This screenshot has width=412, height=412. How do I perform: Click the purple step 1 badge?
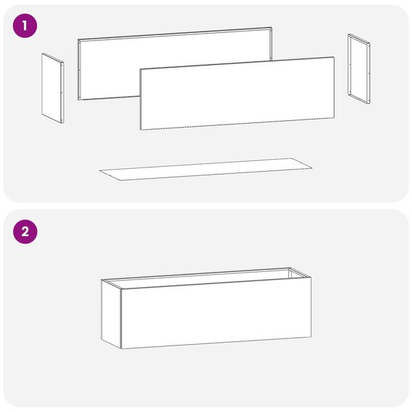(25, 26)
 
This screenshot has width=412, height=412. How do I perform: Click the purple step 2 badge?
(25, 232)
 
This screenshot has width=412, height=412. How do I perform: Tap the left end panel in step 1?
(53, 88)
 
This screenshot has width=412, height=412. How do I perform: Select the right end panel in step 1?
(359, 69)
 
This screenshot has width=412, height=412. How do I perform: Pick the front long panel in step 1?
(237, 93)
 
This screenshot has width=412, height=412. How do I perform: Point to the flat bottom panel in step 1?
(206, 169)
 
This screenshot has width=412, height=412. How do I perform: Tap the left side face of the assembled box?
(111, 314)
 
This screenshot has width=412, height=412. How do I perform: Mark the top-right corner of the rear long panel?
(271, 27)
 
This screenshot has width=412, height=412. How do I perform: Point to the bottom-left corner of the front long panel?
(141, 130)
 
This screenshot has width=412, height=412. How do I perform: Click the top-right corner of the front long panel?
(334, 57)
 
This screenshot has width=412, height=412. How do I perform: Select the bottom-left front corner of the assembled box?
(122, 349)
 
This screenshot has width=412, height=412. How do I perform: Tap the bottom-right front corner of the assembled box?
(311, 337)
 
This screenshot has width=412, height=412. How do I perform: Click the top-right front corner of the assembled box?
(311, 277)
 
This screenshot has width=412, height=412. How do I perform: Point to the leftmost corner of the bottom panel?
(100, 170)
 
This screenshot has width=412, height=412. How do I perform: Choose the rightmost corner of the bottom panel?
(312, 168)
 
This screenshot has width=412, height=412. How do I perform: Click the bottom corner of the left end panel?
(62, 123)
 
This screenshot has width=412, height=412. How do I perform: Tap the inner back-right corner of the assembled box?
(289, 269)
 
